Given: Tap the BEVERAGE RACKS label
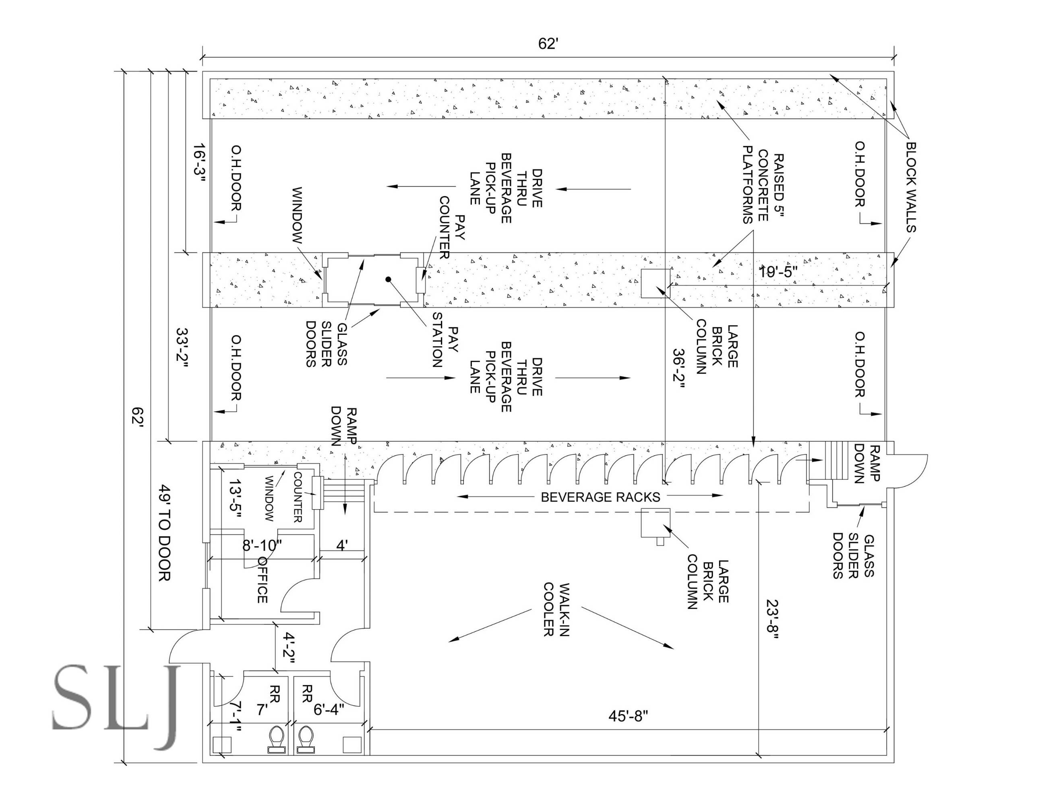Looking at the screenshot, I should (600, 497).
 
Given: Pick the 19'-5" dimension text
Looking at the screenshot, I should (778, 272).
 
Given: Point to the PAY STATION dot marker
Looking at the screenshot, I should (389, 279).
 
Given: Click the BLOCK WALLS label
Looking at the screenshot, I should (911, 186).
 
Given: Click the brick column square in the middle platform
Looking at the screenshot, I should (655, 283).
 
